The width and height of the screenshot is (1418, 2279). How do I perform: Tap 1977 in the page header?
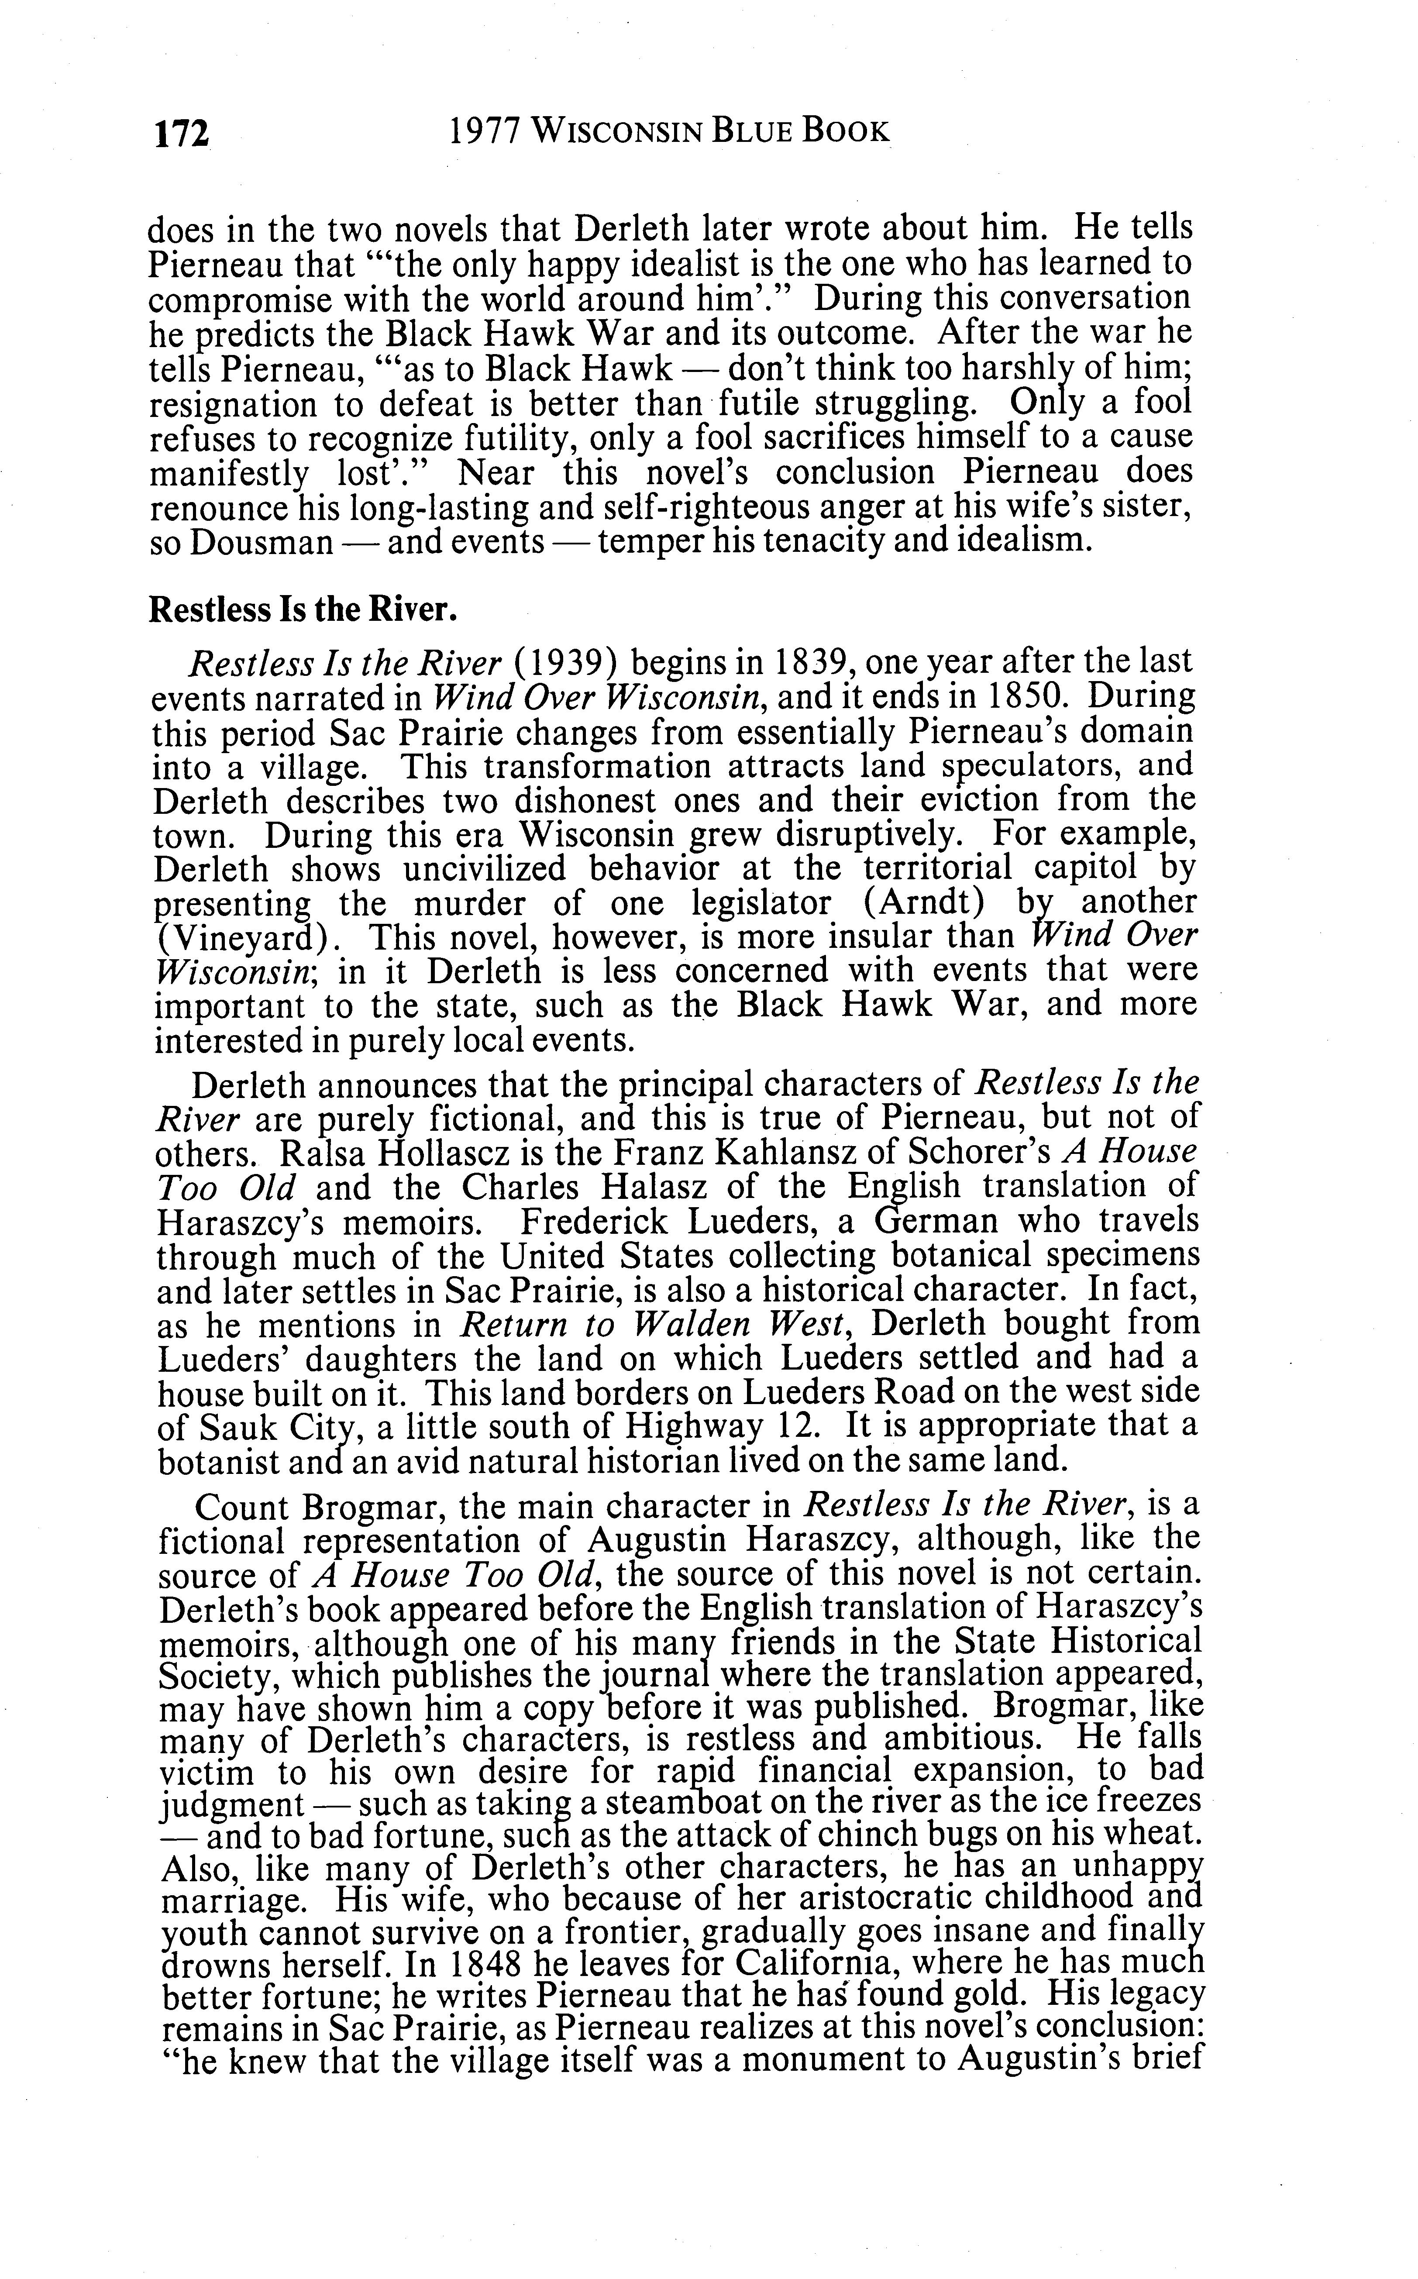click(484, 132)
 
